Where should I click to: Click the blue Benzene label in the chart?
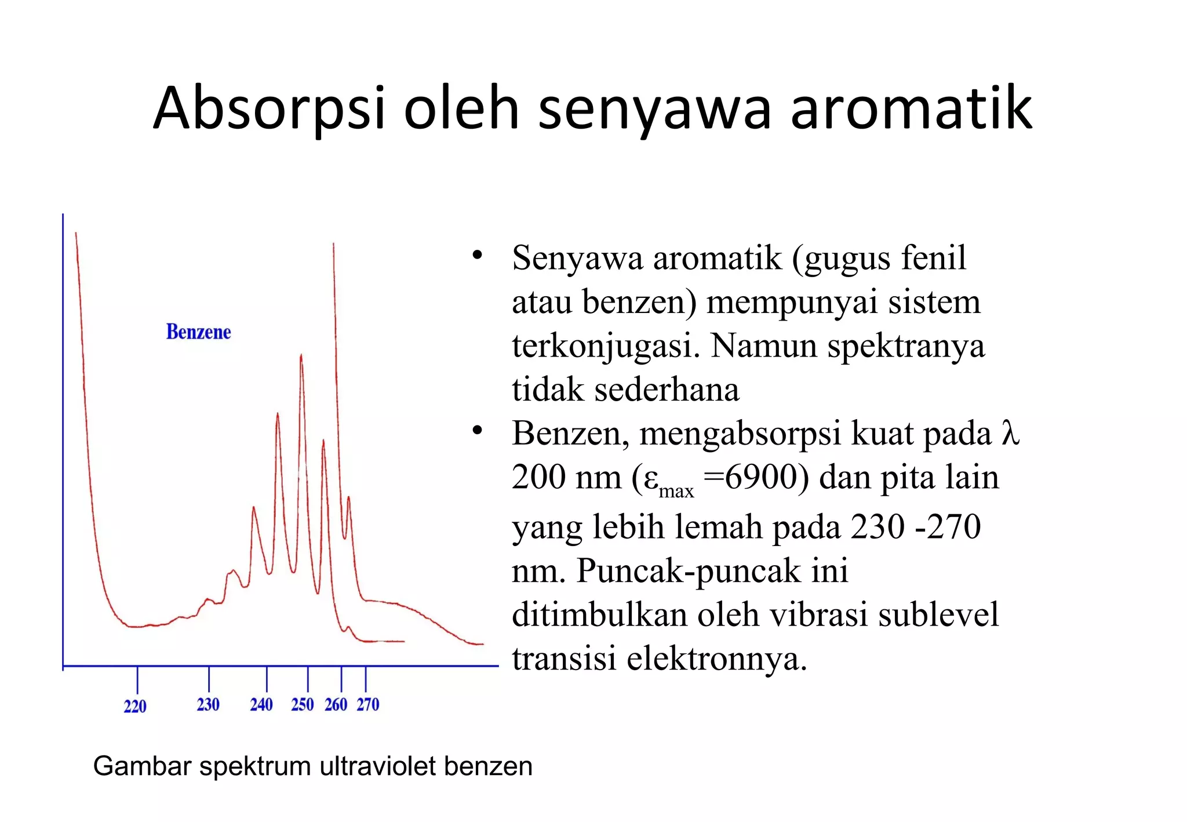pyautogui.click(x=198, y=332)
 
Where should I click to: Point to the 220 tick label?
pyautogui.click(x=135, y=706)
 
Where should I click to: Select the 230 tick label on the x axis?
pyautogui.click(x=208, y=704)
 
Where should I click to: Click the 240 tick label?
pyautogui.click(x=261, y=704)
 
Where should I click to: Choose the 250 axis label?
pyautogui.click(x=303, y=704)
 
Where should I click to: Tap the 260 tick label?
pyautogui.click(x=336, y=704)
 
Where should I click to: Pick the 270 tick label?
pyautogui.click(x=368, y=704)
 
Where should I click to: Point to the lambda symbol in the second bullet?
pyautogui.click(x=1010, y=433)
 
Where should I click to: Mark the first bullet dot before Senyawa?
pyautogui.click(x=477, y=255)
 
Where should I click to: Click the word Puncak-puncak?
pyautogui.click(x=712, y=571)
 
